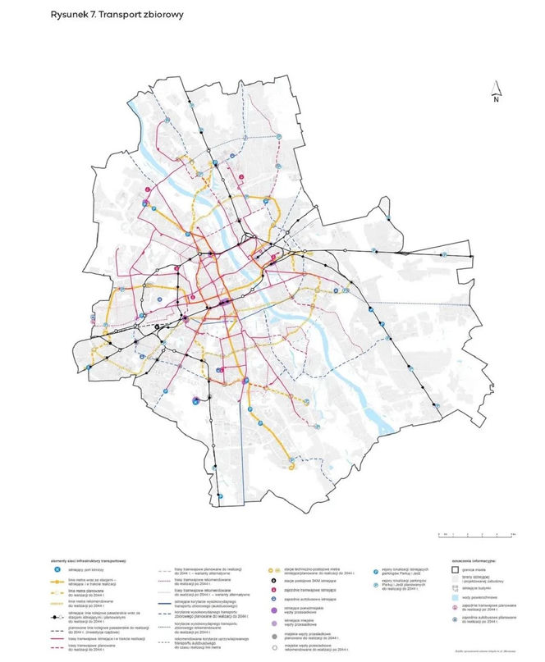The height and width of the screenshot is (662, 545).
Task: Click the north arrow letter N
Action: tap(497, 99)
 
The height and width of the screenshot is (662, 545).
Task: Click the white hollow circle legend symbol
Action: tap(272, 646)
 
